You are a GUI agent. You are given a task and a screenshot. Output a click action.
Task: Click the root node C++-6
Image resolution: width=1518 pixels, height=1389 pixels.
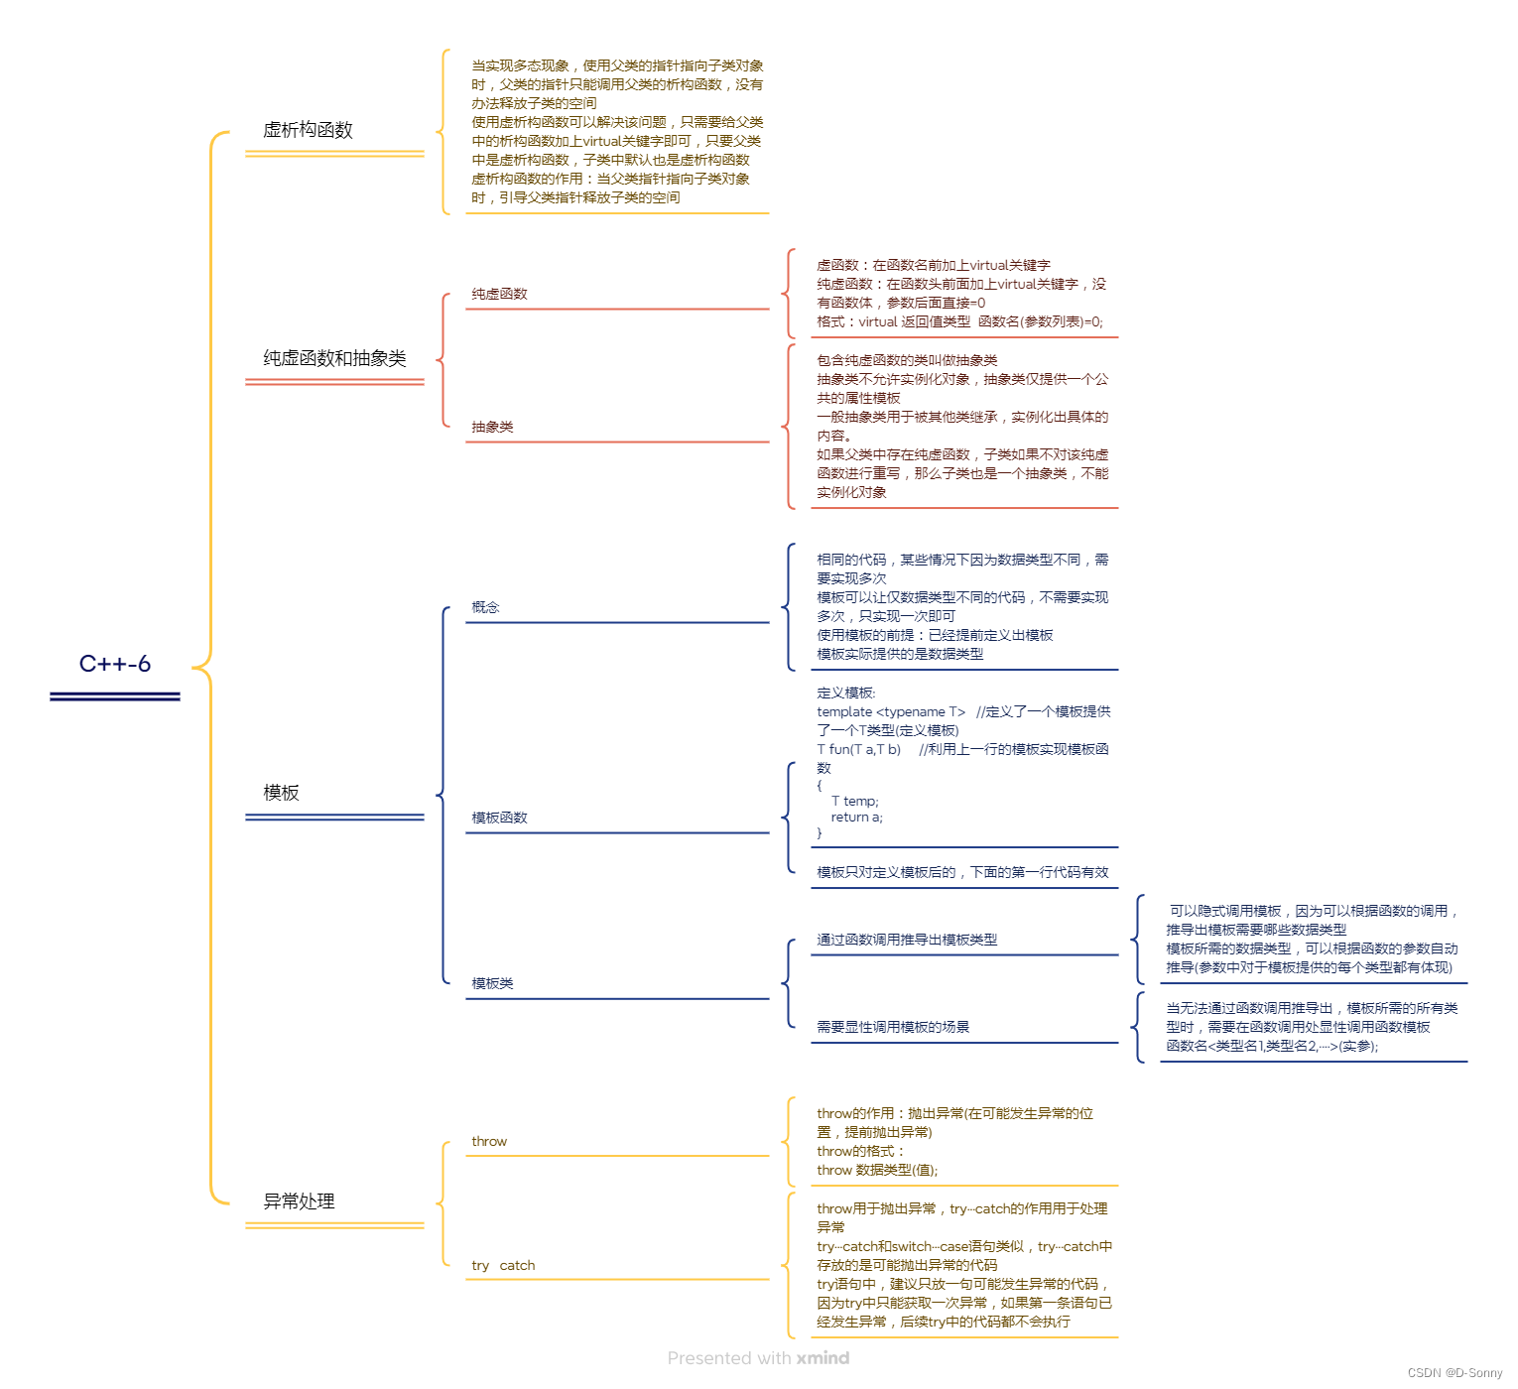(115, 664)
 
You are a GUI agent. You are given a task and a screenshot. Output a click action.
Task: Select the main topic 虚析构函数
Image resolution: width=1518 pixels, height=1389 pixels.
(308, 130)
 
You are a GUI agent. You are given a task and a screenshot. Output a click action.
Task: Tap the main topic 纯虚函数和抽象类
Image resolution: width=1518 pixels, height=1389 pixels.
(334, 358)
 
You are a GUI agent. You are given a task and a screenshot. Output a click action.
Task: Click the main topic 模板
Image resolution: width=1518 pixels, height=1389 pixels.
(281, 793)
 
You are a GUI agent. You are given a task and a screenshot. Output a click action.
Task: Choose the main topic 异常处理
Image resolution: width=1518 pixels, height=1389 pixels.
(299, 1201)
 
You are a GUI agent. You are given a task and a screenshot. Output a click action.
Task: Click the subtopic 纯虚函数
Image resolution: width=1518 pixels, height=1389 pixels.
(499, 294)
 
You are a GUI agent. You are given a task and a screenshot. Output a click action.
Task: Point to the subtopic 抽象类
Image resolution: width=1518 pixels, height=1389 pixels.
(492, 427)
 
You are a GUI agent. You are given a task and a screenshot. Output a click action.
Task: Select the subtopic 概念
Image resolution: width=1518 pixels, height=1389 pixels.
(485, 607)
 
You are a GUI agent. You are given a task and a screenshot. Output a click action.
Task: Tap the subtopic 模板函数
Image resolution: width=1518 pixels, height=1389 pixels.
(499, 818)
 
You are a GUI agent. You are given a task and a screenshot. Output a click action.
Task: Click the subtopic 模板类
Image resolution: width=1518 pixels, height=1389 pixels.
(492, 983)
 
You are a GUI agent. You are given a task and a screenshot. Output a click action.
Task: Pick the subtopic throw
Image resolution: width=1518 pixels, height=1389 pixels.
(489, 1141)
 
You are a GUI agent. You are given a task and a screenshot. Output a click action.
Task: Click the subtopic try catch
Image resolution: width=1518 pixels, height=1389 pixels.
(503, 1265)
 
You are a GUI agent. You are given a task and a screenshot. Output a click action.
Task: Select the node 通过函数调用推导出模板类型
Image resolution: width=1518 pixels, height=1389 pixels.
(907, 940)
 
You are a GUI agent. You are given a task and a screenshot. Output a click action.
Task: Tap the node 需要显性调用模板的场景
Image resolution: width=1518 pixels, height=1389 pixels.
(893, 1027)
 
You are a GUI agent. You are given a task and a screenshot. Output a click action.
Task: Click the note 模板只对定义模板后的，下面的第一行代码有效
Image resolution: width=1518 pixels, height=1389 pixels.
(962, 872)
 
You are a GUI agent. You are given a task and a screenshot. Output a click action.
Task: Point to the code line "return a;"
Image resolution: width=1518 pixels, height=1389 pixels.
(856, 818)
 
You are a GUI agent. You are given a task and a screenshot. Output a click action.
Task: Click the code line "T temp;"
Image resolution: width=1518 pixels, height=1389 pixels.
(854, 801)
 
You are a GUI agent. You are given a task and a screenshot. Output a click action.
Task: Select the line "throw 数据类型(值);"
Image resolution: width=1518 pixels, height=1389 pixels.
(877, 1170)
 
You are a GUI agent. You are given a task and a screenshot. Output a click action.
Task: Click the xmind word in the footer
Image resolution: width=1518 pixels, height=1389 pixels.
(822, 1358)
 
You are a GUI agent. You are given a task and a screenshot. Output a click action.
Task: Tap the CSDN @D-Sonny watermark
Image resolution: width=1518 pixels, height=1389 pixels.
(1455, 1373)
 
